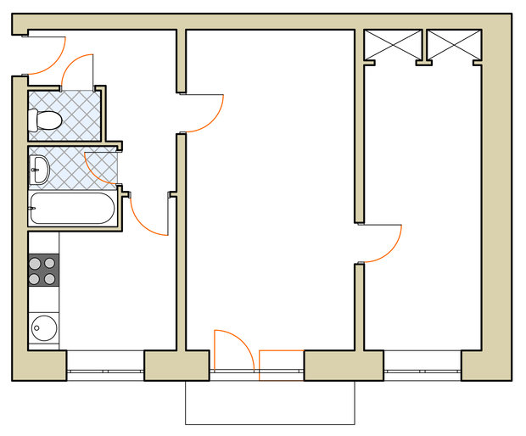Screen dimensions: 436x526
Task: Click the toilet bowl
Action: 48,120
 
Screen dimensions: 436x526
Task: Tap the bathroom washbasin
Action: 40,170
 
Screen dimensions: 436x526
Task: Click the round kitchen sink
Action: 43,327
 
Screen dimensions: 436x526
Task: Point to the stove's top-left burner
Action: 36,263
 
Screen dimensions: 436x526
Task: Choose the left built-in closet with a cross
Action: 392,45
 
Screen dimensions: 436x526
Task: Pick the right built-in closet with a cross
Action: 453,45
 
